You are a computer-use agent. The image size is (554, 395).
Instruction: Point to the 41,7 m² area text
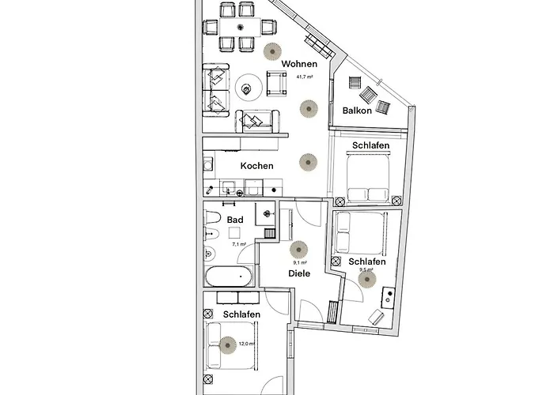click(x=305, y=77)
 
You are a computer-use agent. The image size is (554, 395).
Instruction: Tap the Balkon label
click(x=358, y=111)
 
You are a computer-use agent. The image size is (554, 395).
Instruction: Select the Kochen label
click(x=256, y=166)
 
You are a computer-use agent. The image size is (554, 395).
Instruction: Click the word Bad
click(x=234, y=220)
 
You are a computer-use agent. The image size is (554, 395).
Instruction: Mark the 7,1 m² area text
click(x=238, y=245)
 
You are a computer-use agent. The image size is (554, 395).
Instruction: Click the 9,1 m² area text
click(x=299, y=262)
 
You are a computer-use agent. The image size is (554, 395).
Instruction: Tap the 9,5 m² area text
click(x=366, y=269)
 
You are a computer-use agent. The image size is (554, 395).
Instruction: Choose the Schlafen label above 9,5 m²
click(x=366, y=261)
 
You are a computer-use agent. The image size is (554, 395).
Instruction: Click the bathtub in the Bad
click(x=230, y=276)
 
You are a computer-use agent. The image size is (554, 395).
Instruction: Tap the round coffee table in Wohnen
click(x=249, y=90)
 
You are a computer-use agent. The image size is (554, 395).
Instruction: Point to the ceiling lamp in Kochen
click(x=307, y=162)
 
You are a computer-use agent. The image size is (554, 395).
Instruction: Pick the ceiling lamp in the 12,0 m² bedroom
click(x=228, y=344)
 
